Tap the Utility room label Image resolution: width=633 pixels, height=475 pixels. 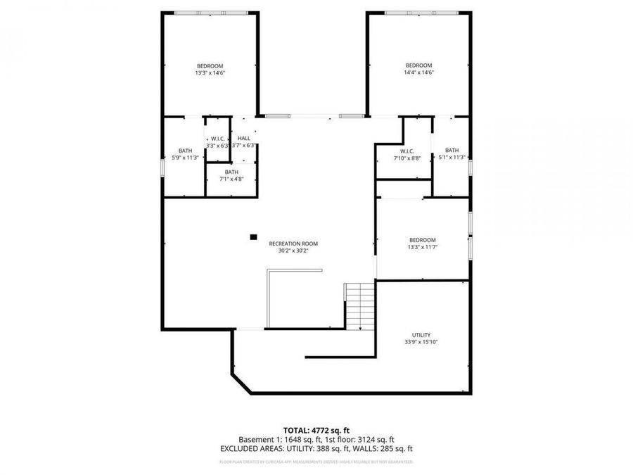tap(421, 335)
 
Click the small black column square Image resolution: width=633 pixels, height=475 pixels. tap(253, 237)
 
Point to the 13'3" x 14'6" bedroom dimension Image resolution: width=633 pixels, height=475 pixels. tap(210, 72)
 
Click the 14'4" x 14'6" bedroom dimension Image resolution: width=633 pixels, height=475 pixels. tap(418, 72)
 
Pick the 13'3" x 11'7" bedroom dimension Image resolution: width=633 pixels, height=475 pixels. tap(422, 247)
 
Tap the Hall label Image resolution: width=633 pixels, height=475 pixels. tap(243, 138)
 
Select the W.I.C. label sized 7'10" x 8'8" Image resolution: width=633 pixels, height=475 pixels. tap(407, 151)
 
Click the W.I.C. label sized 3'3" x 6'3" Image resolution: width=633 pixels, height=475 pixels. tap(217, 139)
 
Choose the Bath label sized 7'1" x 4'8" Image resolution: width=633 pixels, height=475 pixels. tap(231, 172)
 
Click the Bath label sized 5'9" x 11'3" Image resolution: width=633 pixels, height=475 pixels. tap(185, 150)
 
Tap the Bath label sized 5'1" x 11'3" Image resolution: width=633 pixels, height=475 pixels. tap(452, 150)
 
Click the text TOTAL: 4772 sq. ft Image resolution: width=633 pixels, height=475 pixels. tap(316, 429)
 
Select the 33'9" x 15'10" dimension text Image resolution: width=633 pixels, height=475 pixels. tap(421, 342)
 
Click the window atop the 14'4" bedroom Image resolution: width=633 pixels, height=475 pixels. tap(418, 13)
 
